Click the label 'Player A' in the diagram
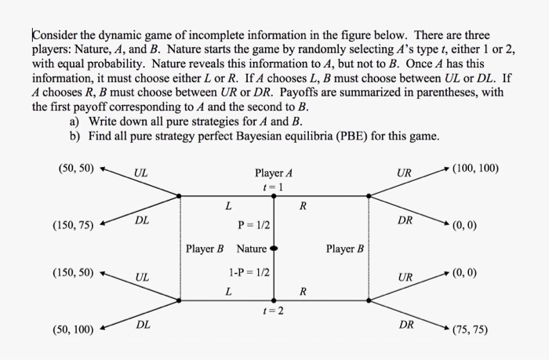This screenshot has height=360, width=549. point(274,173)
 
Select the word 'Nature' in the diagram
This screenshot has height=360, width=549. point(252,249)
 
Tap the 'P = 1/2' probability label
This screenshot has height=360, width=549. point(254,225)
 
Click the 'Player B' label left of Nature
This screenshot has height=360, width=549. point(205,249)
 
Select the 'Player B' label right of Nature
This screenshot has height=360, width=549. point(345,249)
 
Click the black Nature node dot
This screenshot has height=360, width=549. point(274,249)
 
